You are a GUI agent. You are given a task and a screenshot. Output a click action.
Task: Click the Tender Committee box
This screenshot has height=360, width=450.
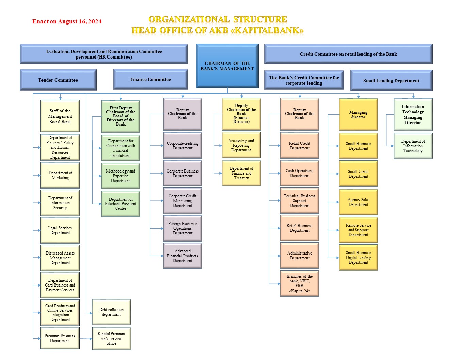pos(58,80)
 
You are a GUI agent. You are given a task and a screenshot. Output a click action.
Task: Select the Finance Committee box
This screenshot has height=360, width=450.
pos(151,80)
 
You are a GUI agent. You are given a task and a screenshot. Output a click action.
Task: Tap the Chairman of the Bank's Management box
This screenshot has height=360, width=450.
pos(227,66)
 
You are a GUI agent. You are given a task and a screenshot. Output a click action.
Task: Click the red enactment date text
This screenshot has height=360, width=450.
pos(67,21)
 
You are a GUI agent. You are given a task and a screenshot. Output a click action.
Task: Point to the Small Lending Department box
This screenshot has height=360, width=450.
pos(391,81)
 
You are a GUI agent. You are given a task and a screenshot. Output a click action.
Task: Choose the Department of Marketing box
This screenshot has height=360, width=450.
pos(60,175)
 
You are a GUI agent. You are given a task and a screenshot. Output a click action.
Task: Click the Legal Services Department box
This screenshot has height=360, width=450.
pos(60,230)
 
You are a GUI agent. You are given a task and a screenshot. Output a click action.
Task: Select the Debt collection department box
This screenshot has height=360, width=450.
pos(112,312)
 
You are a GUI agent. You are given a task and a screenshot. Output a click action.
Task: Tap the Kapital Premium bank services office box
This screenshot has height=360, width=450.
pos(112,338)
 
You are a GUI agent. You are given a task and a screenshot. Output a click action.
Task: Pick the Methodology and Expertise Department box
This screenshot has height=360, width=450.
pos(121,176)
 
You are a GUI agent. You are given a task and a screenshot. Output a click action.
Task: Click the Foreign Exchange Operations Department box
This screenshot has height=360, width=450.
pos(183,228)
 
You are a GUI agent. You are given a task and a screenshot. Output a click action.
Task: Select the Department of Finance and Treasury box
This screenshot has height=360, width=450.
pos(241,173)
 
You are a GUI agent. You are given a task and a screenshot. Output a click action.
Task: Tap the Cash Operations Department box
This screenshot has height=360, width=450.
pos(299,173)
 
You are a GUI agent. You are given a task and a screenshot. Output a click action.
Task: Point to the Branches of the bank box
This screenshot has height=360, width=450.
pos(299,283)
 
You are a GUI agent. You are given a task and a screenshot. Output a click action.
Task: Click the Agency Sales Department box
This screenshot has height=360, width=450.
pos(358,202)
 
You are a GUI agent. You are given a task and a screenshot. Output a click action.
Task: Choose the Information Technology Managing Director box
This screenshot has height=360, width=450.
pos(413,114)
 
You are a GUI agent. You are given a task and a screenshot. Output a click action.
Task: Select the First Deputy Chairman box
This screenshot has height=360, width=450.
pos(121,116)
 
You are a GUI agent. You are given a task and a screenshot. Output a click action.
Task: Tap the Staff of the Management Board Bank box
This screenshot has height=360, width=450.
pos(60,116)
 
